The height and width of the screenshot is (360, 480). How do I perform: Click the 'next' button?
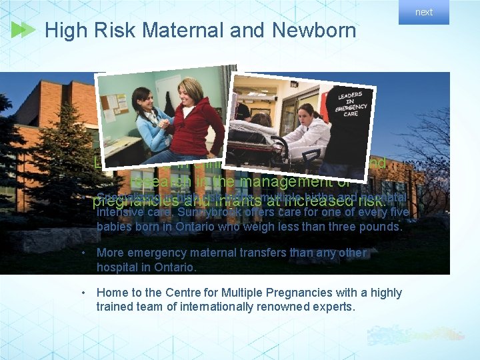424,12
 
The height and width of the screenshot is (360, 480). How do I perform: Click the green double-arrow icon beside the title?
23,30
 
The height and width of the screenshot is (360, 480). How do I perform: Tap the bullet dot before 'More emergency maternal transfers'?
83,253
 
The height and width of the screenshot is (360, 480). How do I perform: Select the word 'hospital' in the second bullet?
117,267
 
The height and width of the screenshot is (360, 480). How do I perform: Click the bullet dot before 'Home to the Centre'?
83,293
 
